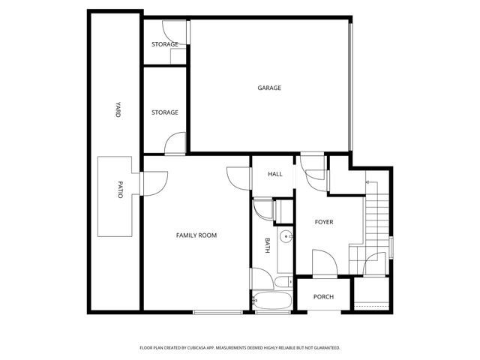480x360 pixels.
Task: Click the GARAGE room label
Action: click(x=269, y=88)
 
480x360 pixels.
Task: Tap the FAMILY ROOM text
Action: click(x=196, y=235)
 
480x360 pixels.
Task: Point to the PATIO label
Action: click(x=119, y=190)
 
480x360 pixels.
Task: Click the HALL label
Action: click(x=275, y=175)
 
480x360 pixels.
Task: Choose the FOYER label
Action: click(x=324, y=223)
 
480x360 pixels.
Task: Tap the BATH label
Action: click(x=267, y=244)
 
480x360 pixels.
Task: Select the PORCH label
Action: click(x=323, y=297)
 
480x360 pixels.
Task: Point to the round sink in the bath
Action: click(x=285, y=238)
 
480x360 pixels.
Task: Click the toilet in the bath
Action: click(x=282, y=282)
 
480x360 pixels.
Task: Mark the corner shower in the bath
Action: click(x=262, y=208)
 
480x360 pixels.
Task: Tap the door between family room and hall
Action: click(x=238, y=178)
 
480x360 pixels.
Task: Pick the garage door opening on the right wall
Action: click(x=350, y=87)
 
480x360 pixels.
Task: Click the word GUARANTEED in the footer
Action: click(x=323, y=348)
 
